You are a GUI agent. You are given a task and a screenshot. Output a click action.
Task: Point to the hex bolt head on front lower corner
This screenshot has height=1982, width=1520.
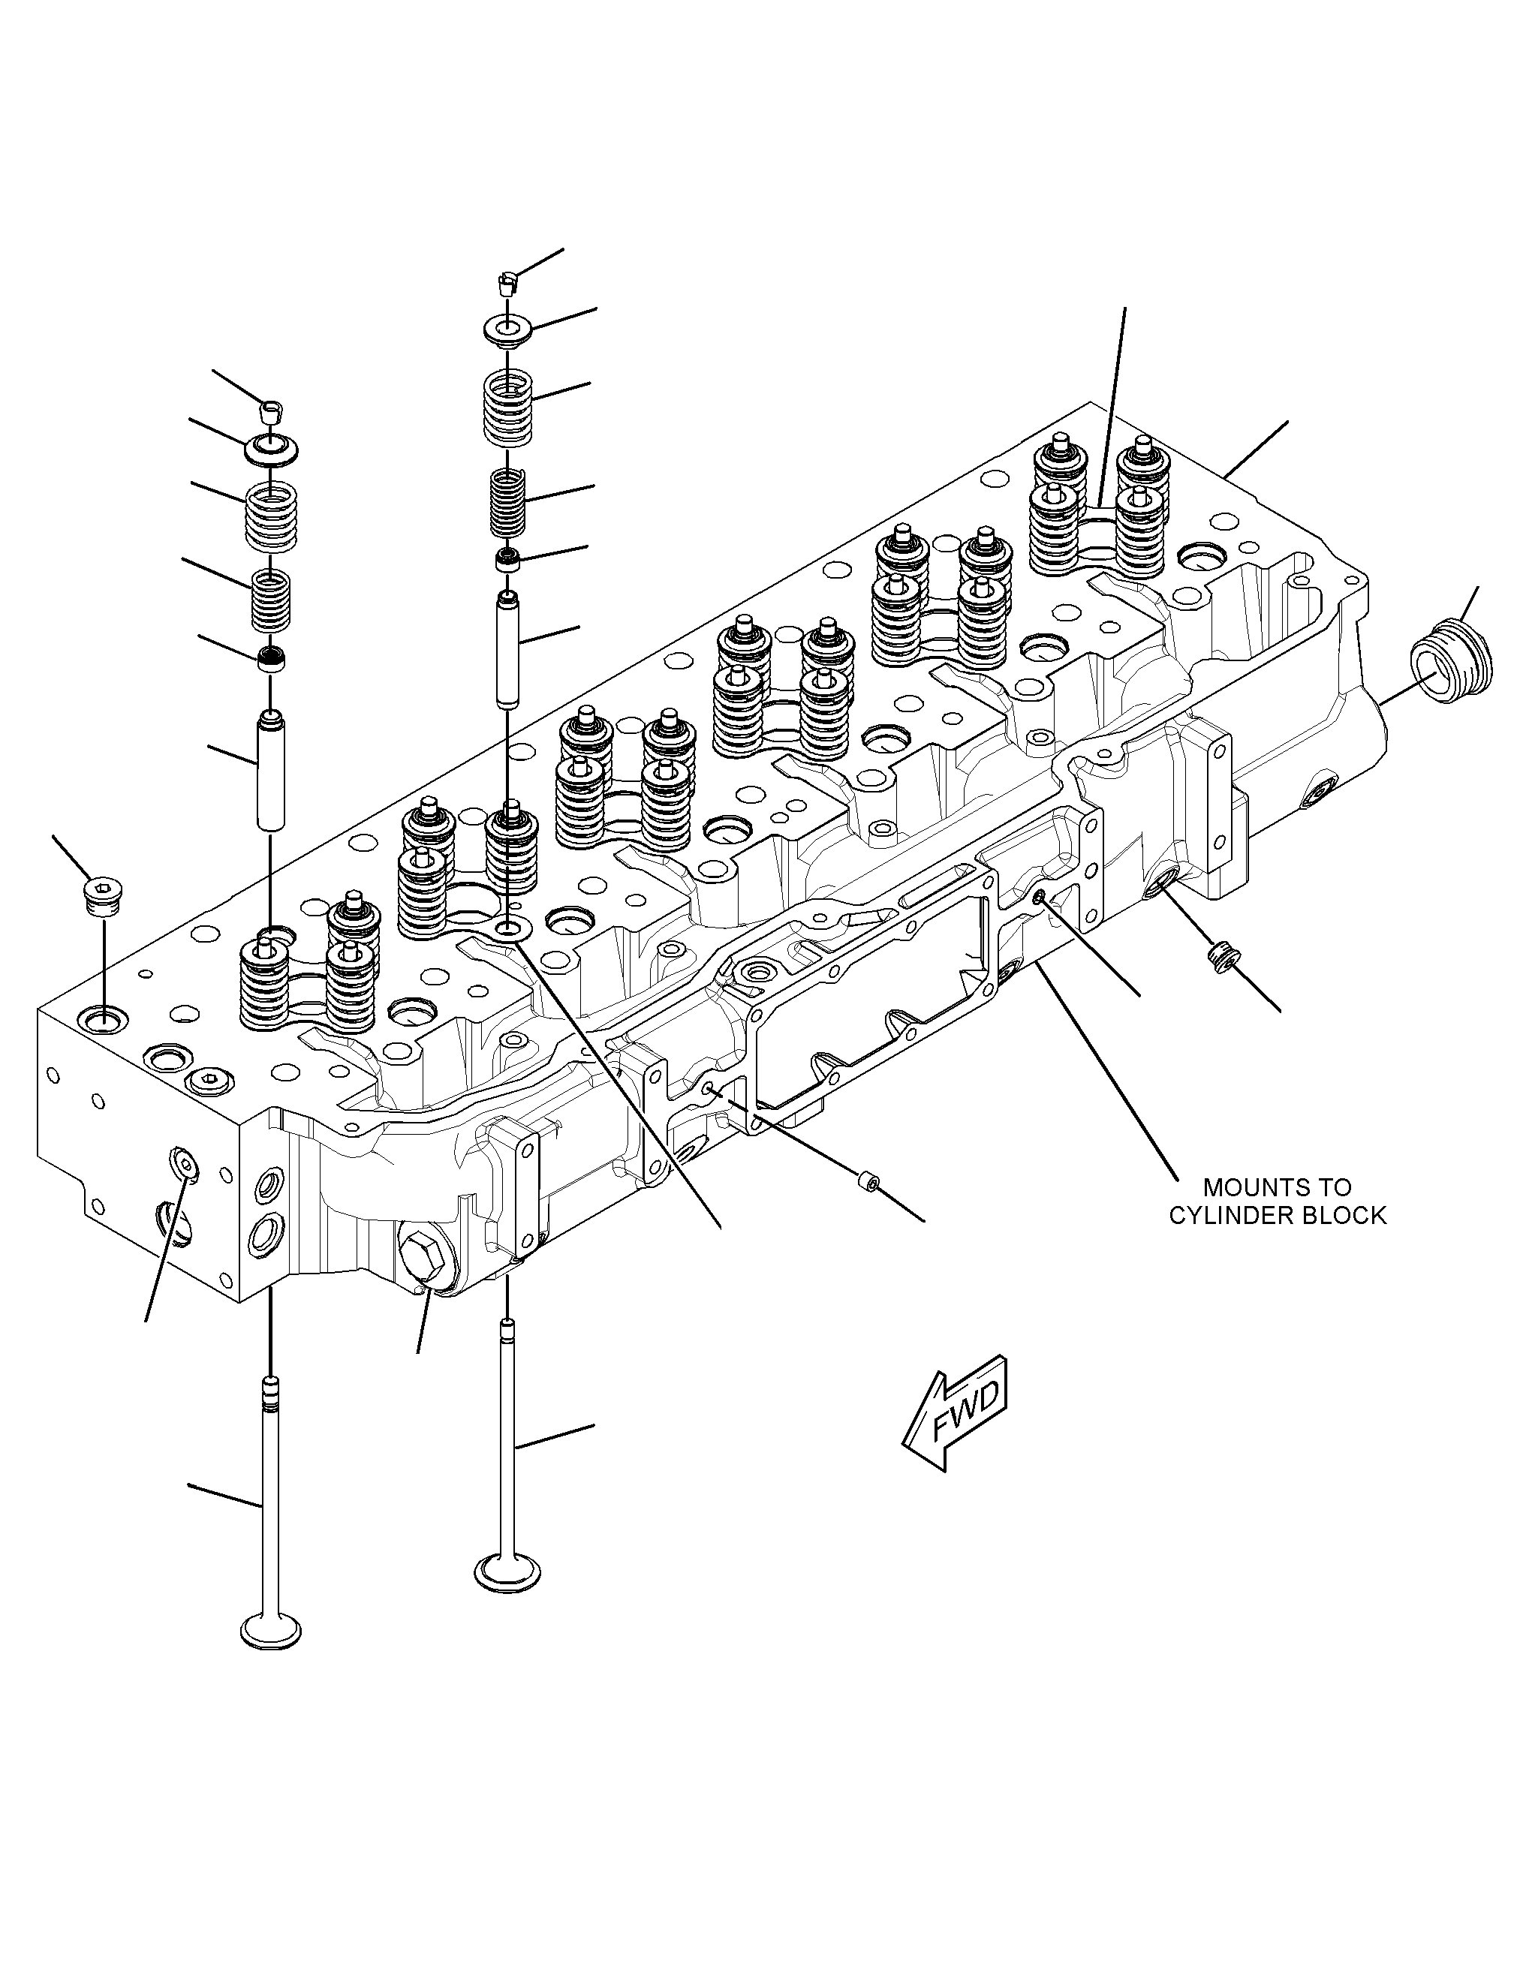420,1256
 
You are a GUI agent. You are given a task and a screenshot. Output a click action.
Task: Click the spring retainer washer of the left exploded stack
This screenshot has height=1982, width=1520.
269,448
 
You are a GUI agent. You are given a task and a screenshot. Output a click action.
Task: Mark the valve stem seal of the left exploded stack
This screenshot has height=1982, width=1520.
269,660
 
